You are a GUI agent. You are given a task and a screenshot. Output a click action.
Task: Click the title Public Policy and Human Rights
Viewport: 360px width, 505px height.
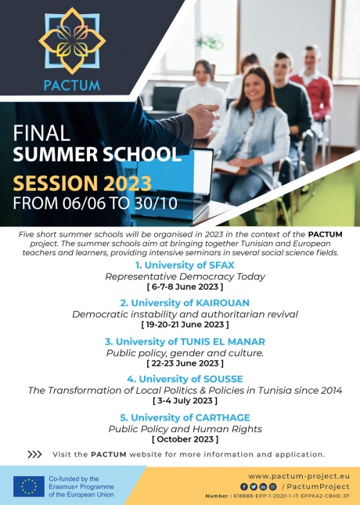click(185, 429)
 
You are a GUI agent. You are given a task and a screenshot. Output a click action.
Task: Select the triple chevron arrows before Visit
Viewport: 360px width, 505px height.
click(34, 454)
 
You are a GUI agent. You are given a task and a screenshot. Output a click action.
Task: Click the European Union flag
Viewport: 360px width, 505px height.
click(28, 486)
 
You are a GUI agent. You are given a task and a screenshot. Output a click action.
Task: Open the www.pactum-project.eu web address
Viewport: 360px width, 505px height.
click(298, 475)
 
